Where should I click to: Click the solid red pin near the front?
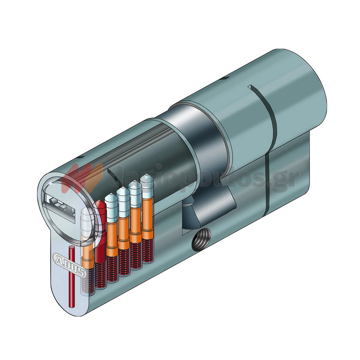tap(100, 228)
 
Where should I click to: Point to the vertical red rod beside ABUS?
tap(71, 276)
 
